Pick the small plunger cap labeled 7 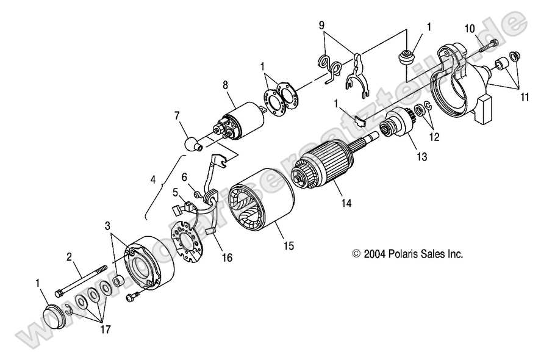193,145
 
